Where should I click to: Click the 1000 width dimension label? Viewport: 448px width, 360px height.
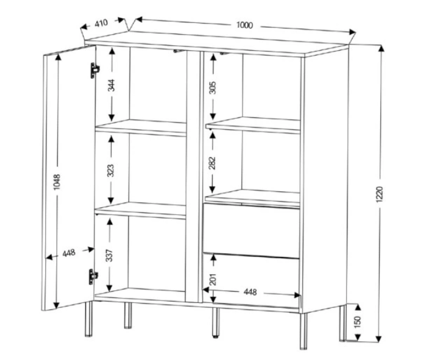coord(244,25)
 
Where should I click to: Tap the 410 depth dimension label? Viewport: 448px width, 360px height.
coord(101,23)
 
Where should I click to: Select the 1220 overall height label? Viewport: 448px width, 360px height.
coord(379,194)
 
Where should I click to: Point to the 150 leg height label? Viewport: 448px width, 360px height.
coord(357,322)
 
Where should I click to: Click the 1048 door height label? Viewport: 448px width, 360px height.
coord(57,182)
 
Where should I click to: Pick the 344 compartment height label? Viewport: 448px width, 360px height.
coord(111,85)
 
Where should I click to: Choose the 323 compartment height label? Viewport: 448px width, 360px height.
coord(110,170)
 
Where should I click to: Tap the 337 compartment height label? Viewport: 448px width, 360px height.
coord(109,255)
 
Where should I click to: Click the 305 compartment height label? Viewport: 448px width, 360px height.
coord(213,88)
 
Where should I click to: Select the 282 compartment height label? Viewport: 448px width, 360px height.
coord(212,163)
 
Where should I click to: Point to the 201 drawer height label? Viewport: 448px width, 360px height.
coord(213,279)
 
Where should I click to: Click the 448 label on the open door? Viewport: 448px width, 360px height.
coord(69,253)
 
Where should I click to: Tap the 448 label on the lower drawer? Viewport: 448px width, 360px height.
coord(250,292)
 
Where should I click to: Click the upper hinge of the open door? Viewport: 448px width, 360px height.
coord(94,70)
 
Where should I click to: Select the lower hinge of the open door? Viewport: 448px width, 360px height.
coord(93,277)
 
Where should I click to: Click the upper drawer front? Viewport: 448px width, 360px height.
coord(251,230)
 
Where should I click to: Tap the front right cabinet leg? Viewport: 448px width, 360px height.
coord(303,331)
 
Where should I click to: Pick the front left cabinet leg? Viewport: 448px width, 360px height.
coord(89,318)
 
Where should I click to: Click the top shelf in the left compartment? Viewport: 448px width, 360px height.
coord(141,127)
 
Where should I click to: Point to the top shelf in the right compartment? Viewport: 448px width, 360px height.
coord(253,125)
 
